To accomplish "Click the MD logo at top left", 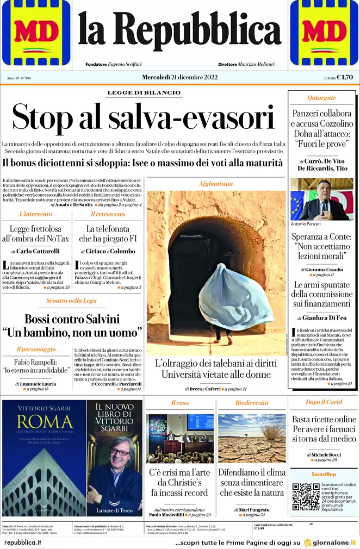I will pyautogui.click(x=36, y=33).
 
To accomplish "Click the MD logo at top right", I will pyautogui.click(x=324, y=33).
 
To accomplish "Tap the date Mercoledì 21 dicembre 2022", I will pyautogui.click(x=179, y=77).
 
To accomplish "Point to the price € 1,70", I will pyautogui.click(x=345, y=77).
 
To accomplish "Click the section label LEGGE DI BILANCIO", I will pyautogui.click(x=144, y=93).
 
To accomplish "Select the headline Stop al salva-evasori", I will pyautogui.click(x=144, y=117).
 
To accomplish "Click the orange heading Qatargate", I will pyautogui.click(x=322, y=98).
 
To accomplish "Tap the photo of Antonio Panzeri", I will pyautogui.click(x=322, y=199).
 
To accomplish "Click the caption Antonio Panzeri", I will pyautogui.click(x=307, y=224).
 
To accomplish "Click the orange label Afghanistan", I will pyautogui.click(x=216, y=184).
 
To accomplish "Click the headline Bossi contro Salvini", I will pyautogui.click(x=72, y=319).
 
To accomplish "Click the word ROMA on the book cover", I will pyautogui.click(x=44, y=422).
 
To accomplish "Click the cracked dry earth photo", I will pyautogui.click(x=252, y=438).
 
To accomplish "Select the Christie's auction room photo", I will pyautogui.click(x=180, y=438).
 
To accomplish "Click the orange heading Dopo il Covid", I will pyautogui.click(x=324, y=402).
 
